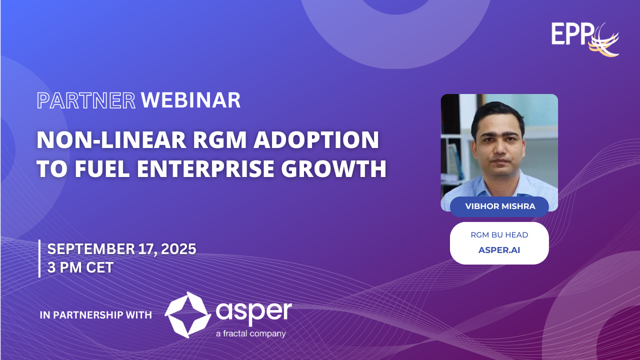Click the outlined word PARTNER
pos(86,100)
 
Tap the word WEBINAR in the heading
pos(191,100)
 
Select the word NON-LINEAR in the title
pos(111,140)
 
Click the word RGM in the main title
pos(220,140)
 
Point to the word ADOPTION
pos(316,140)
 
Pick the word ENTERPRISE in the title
pos(205,168)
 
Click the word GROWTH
pos(333,168)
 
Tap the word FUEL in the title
pos(102,168)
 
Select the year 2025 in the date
pos(178,249)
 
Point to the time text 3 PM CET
pos(80,267)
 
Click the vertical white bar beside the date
pos(39,258)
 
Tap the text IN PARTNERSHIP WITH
pos(96,315)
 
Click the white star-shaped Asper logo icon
pos(187,315)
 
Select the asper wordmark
pos(253,312)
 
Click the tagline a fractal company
pos(251,333)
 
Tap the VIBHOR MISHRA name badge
pos(499,206)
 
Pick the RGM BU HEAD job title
pos(499,235)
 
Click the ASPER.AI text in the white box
pos(499,250)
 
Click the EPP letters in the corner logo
pos(572,33)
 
